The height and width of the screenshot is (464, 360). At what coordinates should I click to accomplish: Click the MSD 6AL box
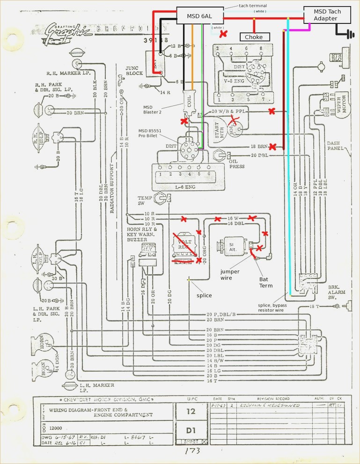pos(199,16)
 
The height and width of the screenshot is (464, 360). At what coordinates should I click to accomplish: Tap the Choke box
pos(255,37)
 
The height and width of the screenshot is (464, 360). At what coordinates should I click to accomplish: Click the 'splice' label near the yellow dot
pos(205,295)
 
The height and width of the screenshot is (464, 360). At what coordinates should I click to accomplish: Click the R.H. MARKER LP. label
pos(61,74)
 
